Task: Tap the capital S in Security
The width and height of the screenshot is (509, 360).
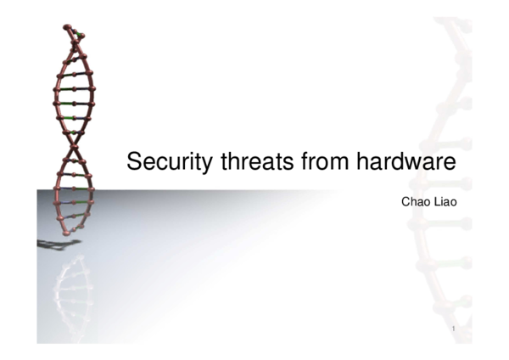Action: [132, 161]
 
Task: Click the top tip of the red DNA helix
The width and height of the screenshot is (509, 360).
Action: [68, 28]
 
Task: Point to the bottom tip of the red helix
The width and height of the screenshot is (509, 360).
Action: [68, 231]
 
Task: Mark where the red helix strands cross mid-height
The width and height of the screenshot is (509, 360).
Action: [76, 146]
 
